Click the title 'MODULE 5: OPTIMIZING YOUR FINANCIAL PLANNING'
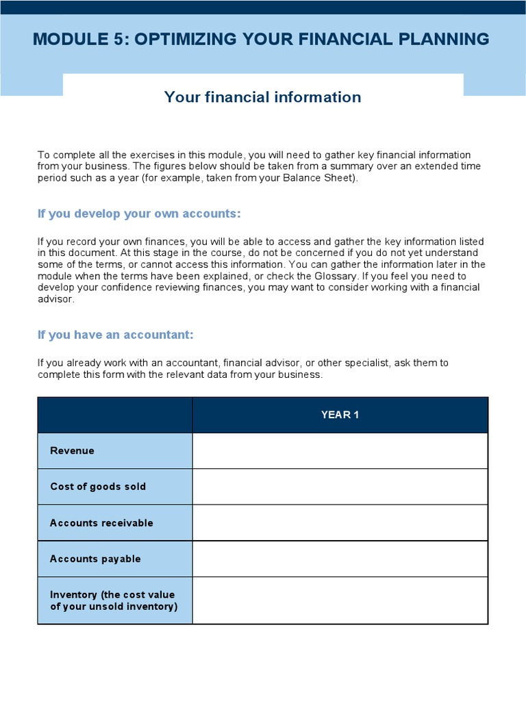coord(261,39)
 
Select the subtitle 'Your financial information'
coord(262,97)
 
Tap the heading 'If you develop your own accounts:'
coord(139,214)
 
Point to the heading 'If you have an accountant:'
coord(116,335)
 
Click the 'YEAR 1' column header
coord(340,415)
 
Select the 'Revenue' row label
coord(73,450)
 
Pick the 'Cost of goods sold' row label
coord(98,487)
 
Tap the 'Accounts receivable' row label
coord(101,523)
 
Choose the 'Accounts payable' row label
coord(95,559)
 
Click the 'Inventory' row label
coord(112,600)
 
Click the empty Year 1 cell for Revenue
coord(340,450)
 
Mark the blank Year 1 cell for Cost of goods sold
coord(340,487)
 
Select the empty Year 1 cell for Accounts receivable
coord(340,523)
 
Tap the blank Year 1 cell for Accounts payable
coord(340,559)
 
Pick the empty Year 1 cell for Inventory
coord(340,600)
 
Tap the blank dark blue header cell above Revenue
coord(115,415)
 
